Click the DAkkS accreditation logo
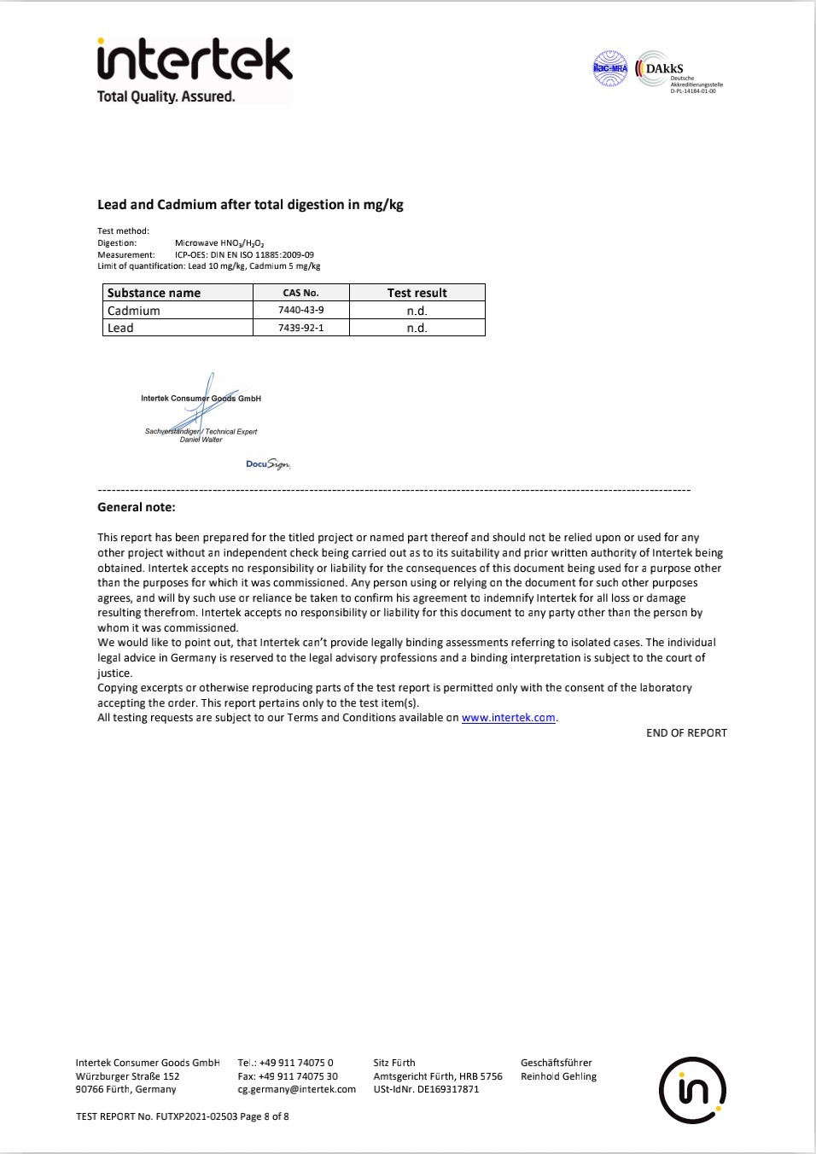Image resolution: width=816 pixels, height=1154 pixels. tap(679, 72)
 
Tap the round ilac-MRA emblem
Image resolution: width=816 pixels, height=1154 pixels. tap(610, 69)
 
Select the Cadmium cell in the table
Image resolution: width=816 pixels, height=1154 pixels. tap(134, 311)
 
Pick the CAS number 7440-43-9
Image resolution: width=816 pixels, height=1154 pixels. tap(301, 310)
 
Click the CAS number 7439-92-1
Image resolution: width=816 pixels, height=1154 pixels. tap(301, 328)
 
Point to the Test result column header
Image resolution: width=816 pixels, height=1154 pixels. tap(417, 293)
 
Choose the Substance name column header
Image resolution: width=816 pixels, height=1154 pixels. tap(154, 293)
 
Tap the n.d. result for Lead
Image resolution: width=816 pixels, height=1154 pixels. tap(417, 328)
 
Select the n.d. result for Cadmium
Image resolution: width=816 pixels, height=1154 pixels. tap(417, 311)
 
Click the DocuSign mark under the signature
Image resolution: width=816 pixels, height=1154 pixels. tap(268, 464)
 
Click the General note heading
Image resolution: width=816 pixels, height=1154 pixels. tap(137, 507)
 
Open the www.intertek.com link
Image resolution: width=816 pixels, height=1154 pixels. tap(509, 718)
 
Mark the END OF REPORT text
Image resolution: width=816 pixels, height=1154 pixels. tap(686, 733)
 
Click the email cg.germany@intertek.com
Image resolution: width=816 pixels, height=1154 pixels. tap(297, 1089)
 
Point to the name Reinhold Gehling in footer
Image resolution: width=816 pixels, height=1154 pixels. tap(558, 1076)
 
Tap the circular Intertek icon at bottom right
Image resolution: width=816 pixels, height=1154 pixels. tap(692, 1090)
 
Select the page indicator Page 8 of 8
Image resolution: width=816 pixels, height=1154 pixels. tap(265, 1116)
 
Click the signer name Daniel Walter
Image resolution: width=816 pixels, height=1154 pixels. tap(201, 440)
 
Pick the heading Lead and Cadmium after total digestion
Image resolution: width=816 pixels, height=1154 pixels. tap(250, 205)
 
